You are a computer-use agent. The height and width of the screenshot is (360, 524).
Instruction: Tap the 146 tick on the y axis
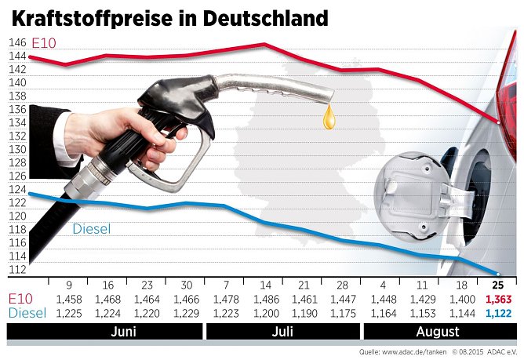[17, 42]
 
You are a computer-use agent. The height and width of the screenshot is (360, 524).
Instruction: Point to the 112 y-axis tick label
[17, 270]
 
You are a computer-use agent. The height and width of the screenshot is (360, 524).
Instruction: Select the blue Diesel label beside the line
[91, 229]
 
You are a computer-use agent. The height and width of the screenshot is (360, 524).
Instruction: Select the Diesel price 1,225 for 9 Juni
[69, 312]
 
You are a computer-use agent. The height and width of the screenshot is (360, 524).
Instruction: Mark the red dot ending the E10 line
[497, 122]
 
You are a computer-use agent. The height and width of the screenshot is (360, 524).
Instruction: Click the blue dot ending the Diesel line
[496, 272]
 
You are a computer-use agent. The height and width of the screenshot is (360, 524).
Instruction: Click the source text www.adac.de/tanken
[410, 351]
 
